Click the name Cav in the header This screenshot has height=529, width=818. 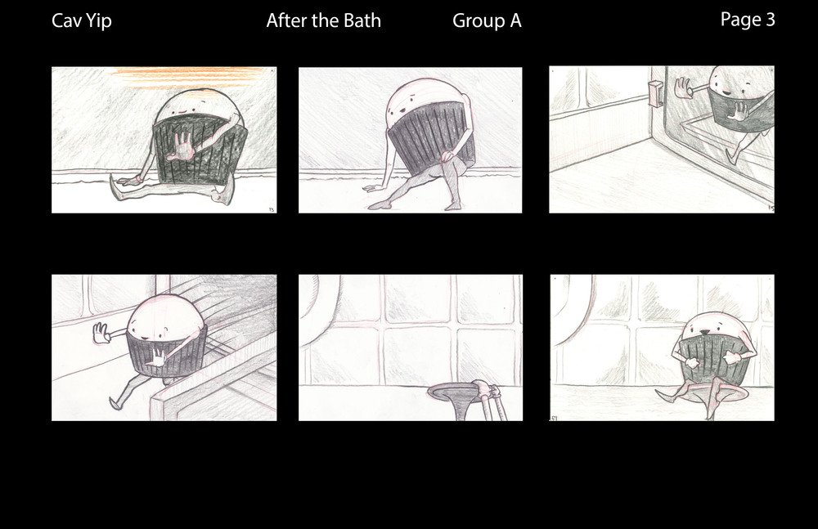pos(66,21)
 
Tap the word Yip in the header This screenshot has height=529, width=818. pos(99,22)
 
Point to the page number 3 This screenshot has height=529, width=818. pos(770,20)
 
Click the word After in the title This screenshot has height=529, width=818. pos(285,21)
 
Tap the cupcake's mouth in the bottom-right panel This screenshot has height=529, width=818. pos(703,332)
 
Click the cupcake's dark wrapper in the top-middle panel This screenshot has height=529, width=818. pos(431,138)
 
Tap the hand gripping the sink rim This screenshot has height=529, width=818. pos(485,388)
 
